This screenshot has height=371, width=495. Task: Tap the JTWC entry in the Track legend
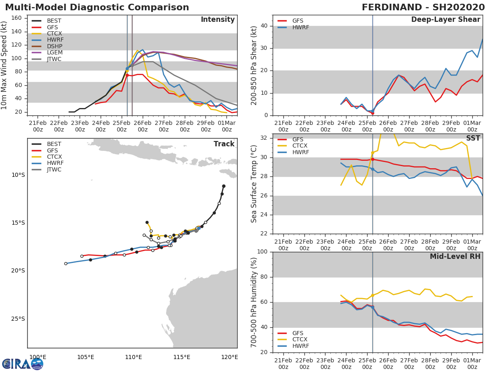[54, 169]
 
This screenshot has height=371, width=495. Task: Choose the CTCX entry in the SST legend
[300, 146]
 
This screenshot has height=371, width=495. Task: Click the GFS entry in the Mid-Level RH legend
[300, 333]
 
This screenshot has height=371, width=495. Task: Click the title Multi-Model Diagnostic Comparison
[97, 7]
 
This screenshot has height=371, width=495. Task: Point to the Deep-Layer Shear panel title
[445, 20]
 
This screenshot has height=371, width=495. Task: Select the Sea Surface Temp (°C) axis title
[254, 184]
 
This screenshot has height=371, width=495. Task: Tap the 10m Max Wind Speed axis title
[5, 65]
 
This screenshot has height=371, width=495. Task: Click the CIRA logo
[22, 364]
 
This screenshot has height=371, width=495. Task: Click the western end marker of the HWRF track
[66, 263]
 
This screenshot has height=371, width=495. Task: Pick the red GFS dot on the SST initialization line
[372, 159]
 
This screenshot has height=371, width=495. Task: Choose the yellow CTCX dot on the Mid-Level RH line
[372, 295]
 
